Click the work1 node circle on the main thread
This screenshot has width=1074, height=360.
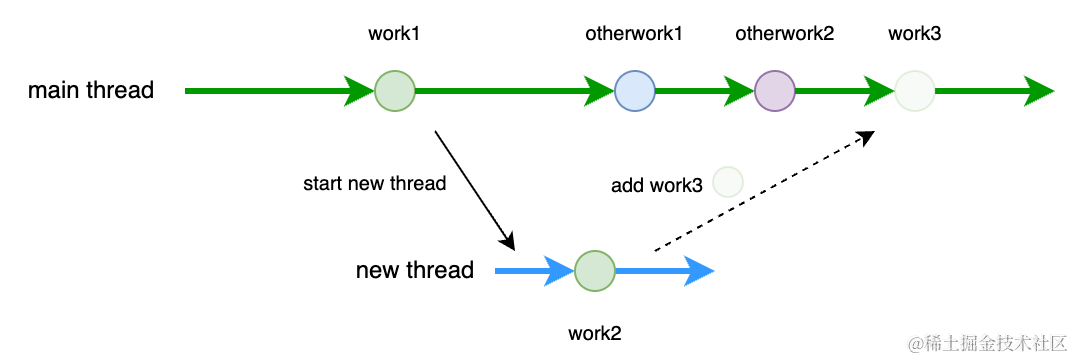tap(395, 90)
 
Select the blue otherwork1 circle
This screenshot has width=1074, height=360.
tap(635, 90)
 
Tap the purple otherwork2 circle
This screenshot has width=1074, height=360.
tap(775, 90)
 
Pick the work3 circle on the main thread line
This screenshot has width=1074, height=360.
tap(915, 90)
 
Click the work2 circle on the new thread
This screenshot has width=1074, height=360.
tap(595, 270)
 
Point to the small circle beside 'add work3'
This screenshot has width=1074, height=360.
tap(728, 182)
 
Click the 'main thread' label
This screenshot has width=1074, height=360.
tap(91, 90)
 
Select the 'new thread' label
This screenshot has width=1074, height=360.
tap(414, 270)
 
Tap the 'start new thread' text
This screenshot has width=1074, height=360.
tap(375, 183)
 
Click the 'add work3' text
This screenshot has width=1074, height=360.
tap(657, 185)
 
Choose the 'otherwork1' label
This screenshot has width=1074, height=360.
tap(634, 34)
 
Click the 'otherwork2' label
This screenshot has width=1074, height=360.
tap(784, 34)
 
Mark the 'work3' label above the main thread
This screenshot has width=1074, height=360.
tap(914, 34)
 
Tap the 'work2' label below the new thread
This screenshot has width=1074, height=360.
tap(595, 334)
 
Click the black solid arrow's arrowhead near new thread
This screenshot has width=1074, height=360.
tap(508, 241)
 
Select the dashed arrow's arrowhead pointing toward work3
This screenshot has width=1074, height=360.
tap(867, 136)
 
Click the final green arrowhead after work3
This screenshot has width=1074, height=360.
tap(1039, 90)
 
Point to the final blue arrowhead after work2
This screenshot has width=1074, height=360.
tap(699, 271)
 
